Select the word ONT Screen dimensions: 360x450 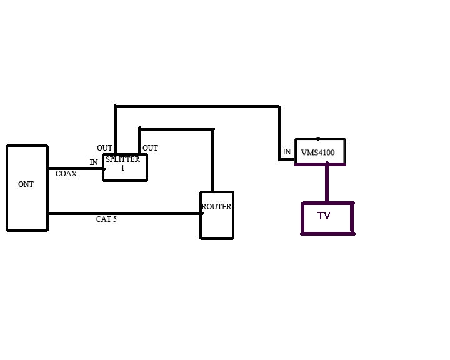26,184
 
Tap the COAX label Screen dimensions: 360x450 66,174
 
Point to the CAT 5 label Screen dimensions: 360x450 106,219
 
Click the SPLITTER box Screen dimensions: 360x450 125,173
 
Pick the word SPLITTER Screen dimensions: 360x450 122,160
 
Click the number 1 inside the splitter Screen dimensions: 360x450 122,168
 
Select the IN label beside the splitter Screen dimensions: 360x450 94,162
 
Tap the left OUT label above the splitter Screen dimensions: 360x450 104,148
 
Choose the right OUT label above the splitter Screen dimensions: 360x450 150,148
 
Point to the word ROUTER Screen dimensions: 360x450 216,207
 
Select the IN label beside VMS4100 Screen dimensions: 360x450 287,152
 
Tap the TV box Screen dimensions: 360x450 327,225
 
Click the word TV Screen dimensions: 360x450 324,216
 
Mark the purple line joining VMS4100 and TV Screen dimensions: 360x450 326,183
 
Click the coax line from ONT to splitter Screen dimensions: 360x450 75,168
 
